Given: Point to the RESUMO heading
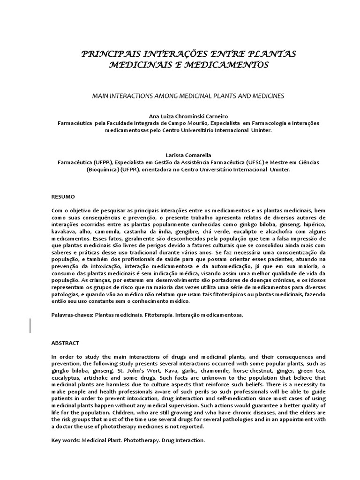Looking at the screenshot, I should tap(63, 196).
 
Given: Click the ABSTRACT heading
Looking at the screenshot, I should tap(65, 343).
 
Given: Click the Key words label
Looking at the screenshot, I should tap(66, 441).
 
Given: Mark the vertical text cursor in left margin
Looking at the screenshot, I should tap(31, 325).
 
